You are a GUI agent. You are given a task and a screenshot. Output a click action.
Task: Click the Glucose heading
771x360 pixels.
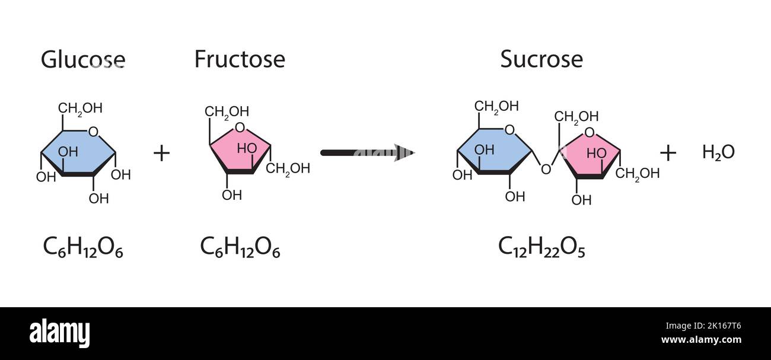83,59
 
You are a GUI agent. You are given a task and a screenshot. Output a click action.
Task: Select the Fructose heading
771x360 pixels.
240,59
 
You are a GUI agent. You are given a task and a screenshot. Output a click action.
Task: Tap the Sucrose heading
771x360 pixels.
541,59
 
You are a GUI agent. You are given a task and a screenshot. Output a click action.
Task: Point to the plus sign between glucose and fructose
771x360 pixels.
161,153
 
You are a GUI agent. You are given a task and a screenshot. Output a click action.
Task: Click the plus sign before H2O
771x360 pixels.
668,153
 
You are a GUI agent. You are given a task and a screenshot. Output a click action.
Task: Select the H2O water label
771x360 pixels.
718,152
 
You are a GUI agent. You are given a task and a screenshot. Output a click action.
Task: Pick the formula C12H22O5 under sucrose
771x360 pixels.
541,247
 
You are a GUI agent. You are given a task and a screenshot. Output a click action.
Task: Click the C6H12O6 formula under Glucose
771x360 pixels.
83,247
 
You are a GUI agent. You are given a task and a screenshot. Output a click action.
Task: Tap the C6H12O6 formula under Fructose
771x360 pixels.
240,247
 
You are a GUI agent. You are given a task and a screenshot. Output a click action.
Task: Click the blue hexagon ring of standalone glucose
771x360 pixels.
77,151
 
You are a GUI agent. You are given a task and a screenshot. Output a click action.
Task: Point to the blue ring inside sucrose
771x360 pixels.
495,151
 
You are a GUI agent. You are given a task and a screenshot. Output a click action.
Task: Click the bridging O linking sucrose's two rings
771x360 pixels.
546,170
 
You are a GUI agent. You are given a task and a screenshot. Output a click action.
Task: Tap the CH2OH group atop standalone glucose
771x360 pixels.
80,108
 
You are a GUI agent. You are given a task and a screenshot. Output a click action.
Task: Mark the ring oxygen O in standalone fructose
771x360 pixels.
240,127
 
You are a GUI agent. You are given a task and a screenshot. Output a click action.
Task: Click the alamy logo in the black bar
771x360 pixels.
59,333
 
